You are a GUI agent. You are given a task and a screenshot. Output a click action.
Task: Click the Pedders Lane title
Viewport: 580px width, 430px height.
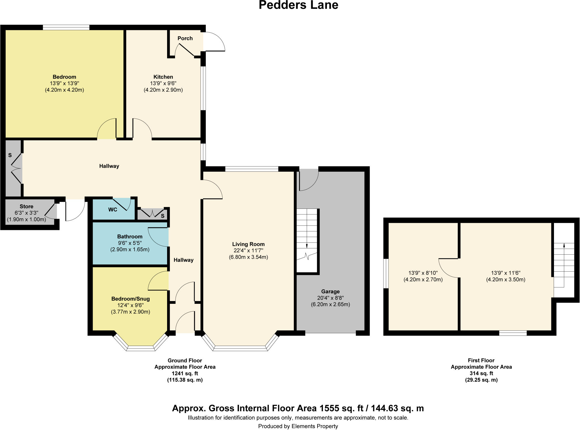point(298,5)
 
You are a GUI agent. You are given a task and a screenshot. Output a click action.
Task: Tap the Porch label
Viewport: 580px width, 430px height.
point(185,38)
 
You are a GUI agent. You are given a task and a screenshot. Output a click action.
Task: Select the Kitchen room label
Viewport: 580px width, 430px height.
point(163,77)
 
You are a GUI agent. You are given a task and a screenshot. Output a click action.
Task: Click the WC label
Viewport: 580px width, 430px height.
point(113,210)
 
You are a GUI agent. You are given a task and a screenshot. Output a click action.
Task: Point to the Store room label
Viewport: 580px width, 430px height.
point(26,207)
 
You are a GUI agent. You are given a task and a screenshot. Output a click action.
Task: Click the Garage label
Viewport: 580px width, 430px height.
point(330,291)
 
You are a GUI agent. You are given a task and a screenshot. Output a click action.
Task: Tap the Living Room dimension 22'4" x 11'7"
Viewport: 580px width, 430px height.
point(248,251)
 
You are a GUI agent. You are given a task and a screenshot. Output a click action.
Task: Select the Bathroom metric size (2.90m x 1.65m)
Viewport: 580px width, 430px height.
point(130,250)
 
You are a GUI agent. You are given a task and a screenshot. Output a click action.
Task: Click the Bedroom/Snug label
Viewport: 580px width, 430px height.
point(130,299)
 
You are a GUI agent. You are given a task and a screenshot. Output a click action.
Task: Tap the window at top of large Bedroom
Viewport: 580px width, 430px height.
point(66,27)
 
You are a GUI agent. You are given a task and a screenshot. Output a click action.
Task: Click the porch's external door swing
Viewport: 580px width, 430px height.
point(215,42)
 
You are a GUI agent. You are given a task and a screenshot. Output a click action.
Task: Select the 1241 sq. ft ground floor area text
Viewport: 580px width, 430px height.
point(185,373)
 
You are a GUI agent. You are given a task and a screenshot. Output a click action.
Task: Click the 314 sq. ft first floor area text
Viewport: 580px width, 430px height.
point(481,373)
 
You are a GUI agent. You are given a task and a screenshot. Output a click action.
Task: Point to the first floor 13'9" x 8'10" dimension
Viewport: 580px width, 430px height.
point(423,273)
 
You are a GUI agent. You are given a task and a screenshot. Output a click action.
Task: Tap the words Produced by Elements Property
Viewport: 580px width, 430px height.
point(298,426)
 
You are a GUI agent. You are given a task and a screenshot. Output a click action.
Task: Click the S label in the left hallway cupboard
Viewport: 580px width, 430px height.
point(10,155)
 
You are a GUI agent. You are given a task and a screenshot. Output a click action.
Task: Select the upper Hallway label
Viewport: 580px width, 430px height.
point(109,166)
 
